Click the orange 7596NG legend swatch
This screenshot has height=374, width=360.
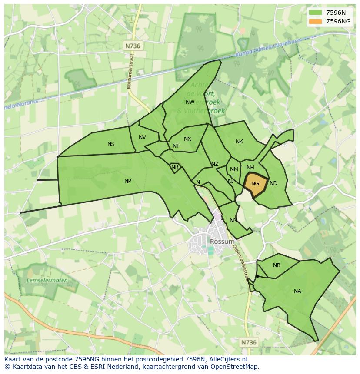[315, 21]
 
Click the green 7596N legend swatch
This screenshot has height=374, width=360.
[315, 12]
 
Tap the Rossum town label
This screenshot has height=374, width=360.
[222, 242]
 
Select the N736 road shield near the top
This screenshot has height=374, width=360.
[133, 46]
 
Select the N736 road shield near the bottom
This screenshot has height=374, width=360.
[249, 342]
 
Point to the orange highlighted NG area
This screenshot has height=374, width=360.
[256, 184]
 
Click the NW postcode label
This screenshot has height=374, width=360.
[190, 102]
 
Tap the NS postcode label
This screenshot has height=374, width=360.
[111, 144]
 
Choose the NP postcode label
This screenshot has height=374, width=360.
[128, 181]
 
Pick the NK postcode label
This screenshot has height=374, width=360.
[239, 142]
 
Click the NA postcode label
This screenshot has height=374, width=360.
[297, 291]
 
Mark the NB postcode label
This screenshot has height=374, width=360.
[277, 265]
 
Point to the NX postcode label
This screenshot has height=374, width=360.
[187, 139]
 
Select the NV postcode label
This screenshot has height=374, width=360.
[142, 137]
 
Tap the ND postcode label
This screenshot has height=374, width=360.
[273, 183]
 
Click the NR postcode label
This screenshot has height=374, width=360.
[175, 167]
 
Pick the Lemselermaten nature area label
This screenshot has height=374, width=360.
[47, 281]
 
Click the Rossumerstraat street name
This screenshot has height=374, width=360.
[130, 70]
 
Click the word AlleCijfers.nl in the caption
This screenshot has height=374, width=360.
[229, 359]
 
